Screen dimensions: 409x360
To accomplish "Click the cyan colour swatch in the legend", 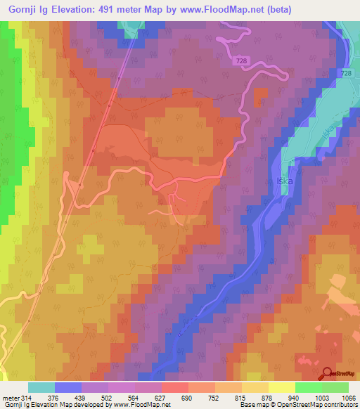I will [41, 387].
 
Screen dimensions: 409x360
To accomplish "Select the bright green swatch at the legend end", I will [335, 387].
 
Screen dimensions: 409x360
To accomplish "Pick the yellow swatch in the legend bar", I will [282, 387].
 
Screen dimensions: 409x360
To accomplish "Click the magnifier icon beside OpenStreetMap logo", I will [328, 374].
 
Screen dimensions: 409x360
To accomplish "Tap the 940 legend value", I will [281, 397].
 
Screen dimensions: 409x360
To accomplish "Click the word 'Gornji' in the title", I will [21, 9].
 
